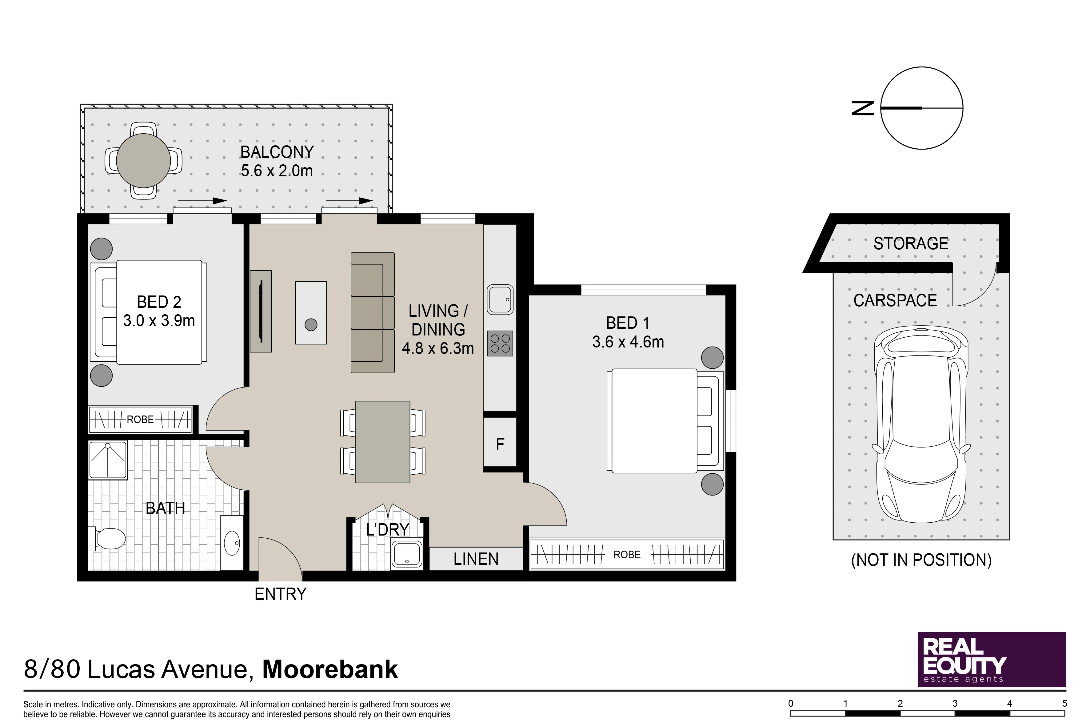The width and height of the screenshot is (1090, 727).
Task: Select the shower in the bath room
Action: [x=107, y=460]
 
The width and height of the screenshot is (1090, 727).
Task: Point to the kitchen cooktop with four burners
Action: [x=500, y=343]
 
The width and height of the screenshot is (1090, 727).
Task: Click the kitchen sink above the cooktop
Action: [x=500, y=299]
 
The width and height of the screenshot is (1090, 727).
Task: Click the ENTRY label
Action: [x=280, y=594]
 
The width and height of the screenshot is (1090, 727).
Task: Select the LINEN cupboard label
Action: [x=476, y=559]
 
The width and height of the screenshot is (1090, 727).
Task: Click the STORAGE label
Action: [x=911, y=243]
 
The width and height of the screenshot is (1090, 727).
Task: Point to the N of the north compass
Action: [x=863, y=108]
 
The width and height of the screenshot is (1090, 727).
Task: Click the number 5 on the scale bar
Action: [x=1064, y=703]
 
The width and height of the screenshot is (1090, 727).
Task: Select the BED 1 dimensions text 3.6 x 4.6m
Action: [x=628, y=342]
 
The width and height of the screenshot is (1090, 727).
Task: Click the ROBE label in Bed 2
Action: [x=140, y=420]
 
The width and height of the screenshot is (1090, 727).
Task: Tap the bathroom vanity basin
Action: [x=231, y=543]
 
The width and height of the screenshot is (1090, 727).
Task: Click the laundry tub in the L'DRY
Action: [x=406, y=554]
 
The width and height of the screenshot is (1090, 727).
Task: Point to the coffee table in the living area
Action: [x=311, y=313]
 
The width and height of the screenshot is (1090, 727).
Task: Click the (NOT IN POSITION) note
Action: [x=921, y=560]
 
